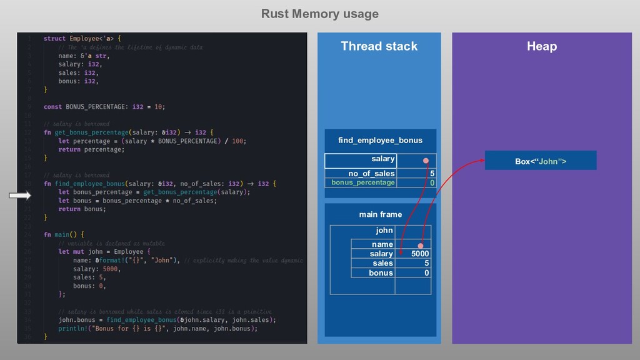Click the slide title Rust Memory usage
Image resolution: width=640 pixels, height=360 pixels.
point(319,14)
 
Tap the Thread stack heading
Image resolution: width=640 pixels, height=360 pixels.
point(379,46)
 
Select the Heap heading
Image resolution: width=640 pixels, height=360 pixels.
point(541,46)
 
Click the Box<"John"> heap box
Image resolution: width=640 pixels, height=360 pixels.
point(541,161)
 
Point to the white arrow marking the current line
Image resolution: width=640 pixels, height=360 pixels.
point(20,196)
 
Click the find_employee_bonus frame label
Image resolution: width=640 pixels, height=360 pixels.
point(379,140)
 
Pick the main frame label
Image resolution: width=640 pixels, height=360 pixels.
point(380,214)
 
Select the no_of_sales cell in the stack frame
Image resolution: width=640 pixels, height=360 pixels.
point(371,173)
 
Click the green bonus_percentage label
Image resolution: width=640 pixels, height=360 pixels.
point(362,182)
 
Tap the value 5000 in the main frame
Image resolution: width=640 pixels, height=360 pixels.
point(419,254)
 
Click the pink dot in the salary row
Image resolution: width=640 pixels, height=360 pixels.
point(426,161)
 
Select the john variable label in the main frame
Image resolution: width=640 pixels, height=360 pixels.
point(384,231)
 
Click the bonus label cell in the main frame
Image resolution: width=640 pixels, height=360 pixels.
point(381,272)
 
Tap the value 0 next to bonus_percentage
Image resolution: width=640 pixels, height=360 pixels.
point(431,182)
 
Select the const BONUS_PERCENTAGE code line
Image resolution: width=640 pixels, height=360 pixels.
point(104,107)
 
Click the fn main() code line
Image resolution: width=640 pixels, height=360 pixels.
point(64,234)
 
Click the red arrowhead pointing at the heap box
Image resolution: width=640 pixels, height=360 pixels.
point(482,161)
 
